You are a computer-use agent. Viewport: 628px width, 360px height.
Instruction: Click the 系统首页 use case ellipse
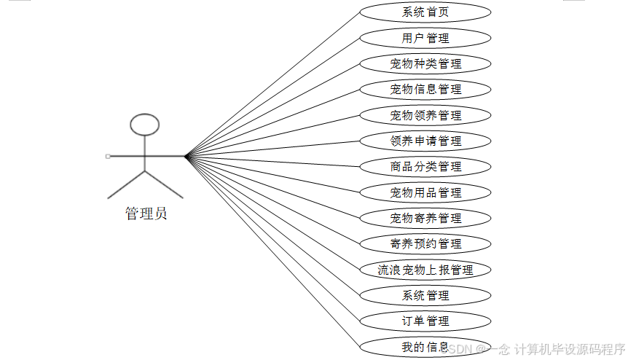[x=425, y=12]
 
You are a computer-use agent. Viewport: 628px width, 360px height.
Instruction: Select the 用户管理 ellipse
[x=425, y=38]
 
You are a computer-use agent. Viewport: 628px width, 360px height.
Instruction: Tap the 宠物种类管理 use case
[x=425, y=64]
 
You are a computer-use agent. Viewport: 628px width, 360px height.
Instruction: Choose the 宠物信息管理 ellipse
[x=425, y=90]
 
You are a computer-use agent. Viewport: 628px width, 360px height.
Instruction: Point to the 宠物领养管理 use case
[x=425, y=115]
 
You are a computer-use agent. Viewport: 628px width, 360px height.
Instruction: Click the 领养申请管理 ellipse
[x=425, y=141]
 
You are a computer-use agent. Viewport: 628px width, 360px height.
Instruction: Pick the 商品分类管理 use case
[x=425, y=167]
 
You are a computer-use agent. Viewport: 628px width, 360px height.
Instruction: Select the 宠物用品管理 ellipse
[x=425, y=192]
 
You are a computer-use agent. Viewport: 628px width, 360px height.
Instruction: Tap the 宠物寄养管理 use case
[x=425, y=218]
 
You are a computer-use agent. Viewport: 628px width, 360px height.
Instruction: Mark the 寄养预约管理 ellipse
[x=425, y=243]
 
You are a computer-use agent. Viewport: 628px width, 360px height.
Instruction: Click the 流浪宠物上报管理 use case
[x=425, y=270]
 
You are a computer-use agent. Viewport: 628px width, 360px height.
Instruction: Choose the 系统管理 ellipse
[x=425, y=295]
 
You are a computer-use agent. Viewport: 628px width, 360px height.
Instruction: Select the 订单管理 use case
[x=425, y=321]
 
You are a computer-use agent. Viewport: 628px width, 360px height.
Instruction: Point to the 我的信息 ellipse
[x=425, y=346]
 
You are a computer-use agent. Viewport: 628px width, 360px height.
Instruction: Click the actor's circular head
[x=144, y=125]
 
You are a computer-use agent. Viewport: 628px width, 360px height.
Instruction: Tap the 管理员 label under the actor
[x=146, y=214]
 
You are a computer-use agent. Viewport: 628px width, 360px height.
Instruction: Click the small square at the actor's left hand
[x=108, y=156]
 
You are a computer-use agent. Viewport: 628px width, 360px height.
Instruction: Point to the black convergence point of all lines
[x=187, y=156]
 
